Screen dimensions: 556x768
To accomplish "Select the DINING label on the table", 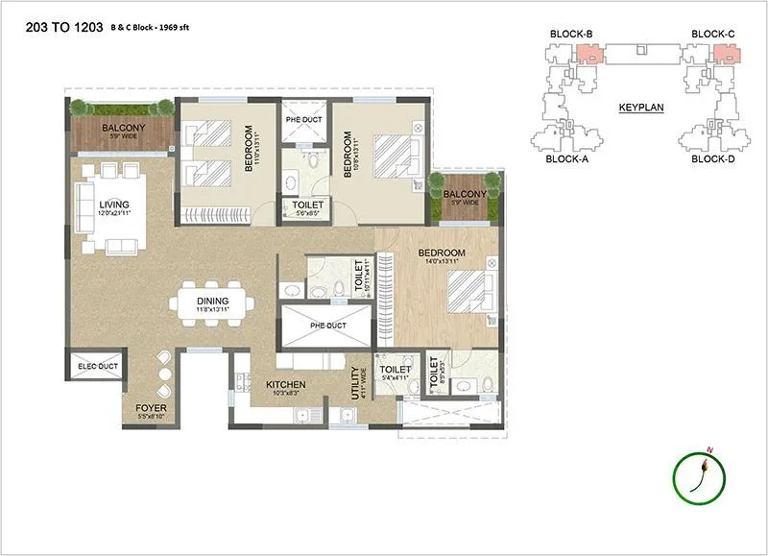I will (x=212, y=301).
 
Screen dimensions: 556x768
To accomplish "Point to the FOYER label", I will (x=151, y=408).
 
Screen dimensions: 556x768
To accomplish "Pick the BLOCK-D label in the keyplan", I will (x=711, y=159).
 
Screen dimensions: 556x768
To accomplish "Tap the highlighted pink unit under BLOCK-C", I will (x=727, y=53).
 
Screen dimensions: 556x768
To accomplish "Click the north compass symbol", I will (x=701, y=474).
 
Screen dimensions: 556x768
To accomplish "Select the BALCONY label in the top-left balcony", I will (x=123, y=128).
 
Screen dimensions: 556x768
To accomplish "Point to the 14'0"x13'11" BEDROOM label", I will (x=442, y=254).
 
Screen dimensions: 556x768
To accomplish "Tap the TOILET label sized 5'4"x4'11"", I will (x=395, y=370).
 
